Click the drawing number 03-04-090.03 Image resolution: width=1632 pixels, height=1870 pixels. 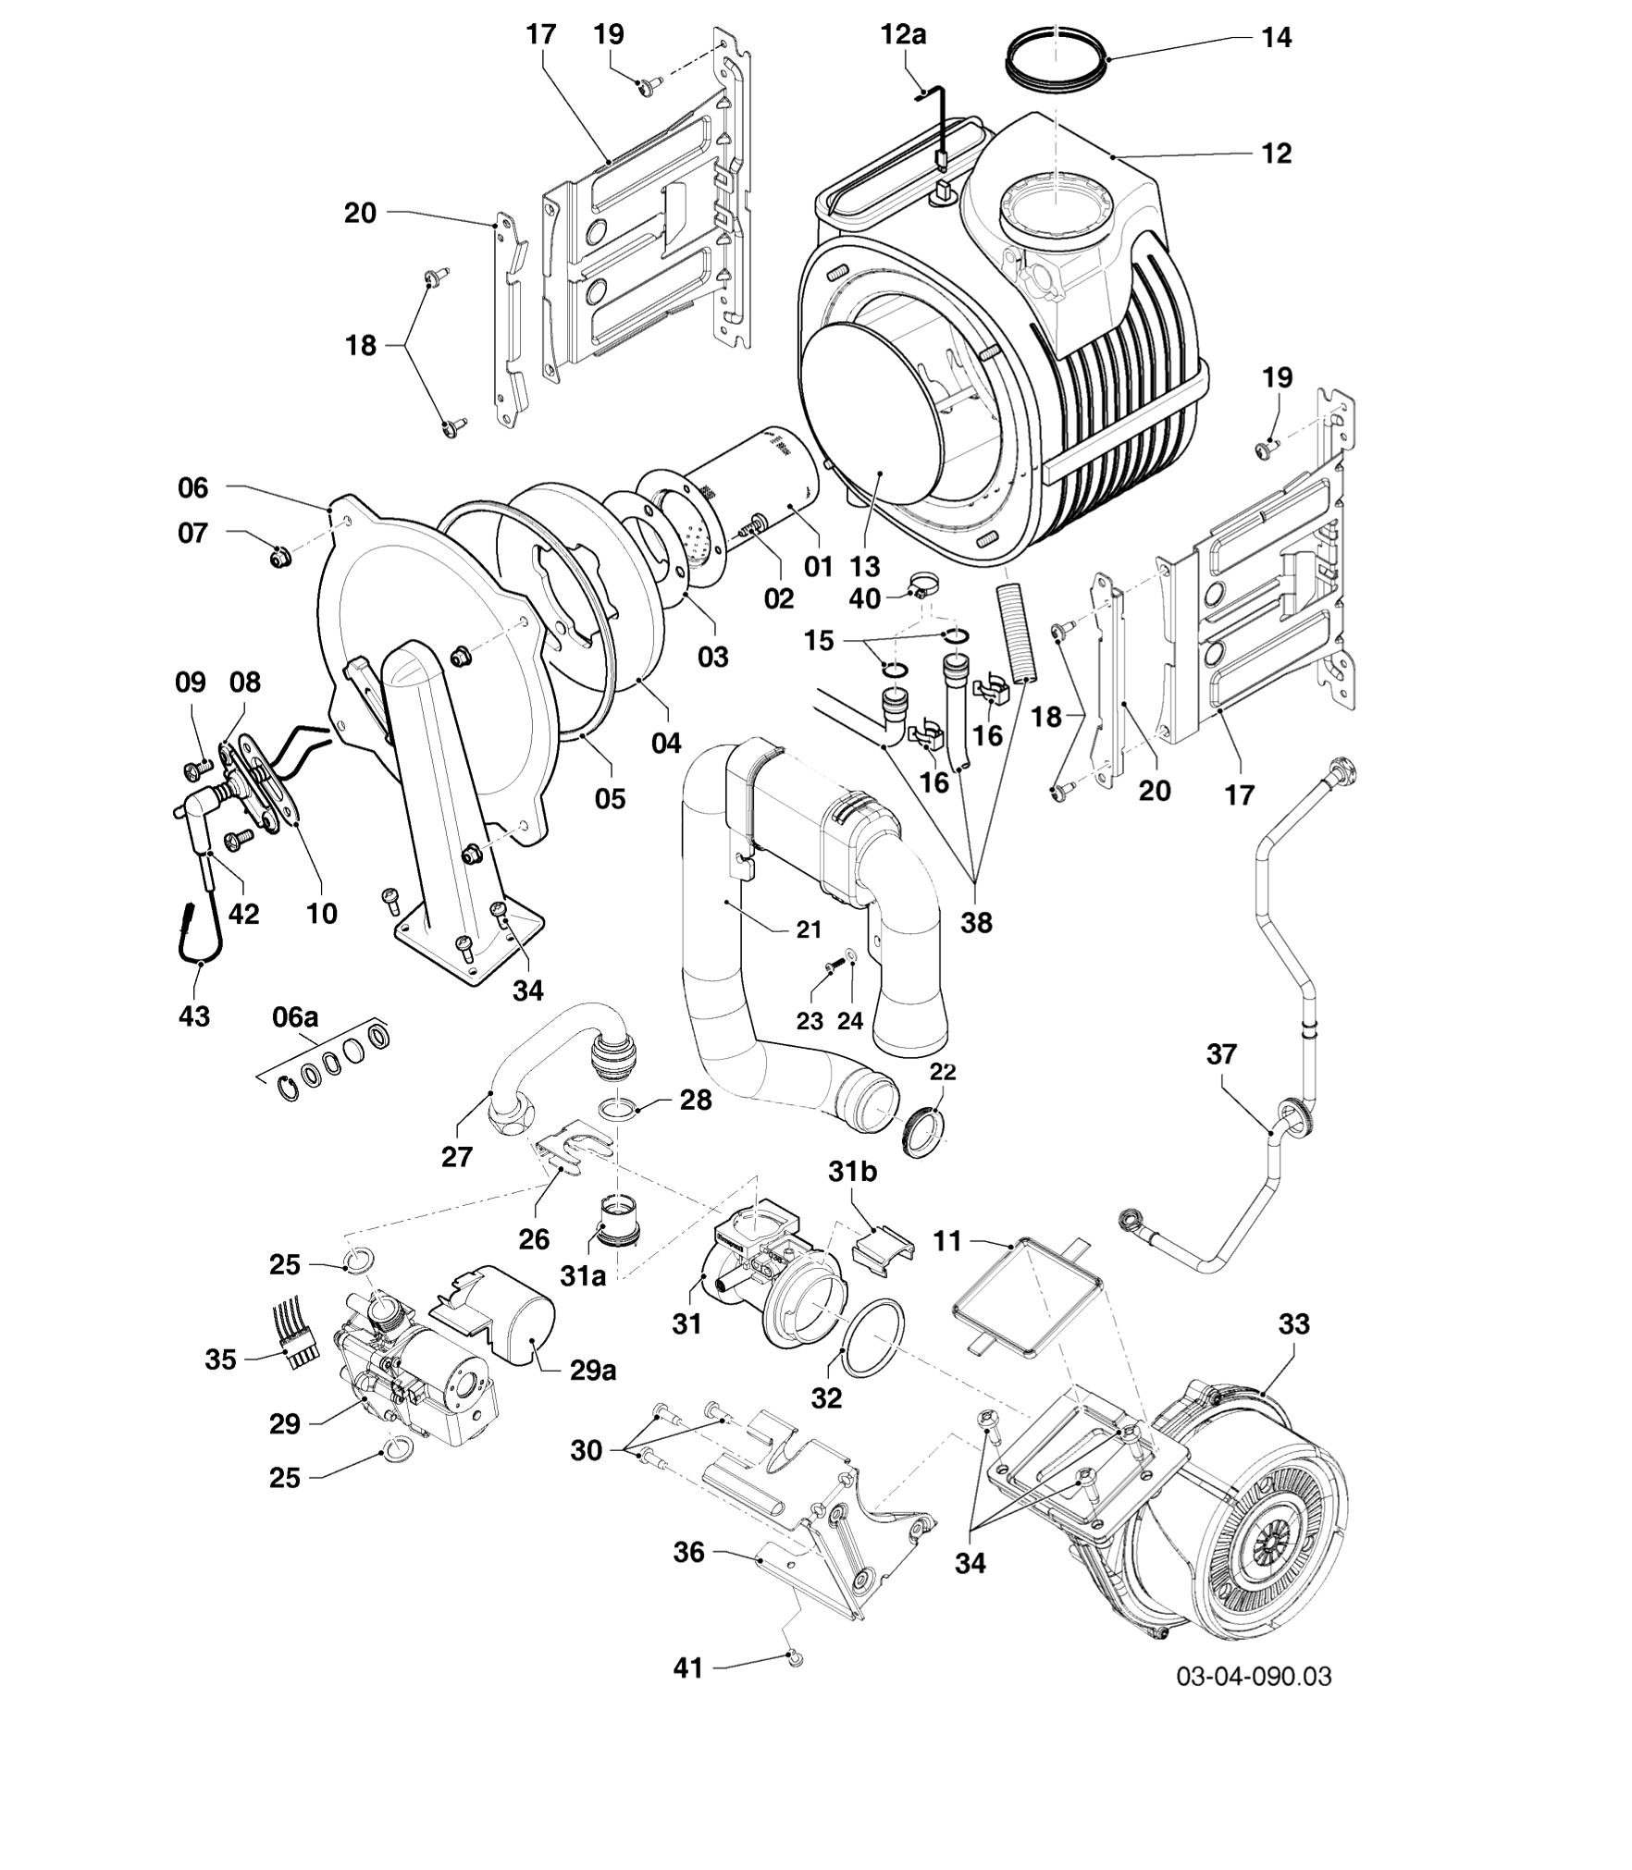coord(1254,1676)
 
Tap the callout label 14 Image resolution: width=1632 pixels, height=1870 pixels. coord(1277,39)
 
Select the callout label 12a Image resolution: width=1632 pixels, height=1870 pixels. coord(903,35)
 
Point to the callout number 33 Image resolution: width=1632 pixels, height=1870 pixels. coord(1294,1324)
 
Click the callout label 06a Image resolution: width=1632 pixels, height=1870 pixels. coord(295,1017)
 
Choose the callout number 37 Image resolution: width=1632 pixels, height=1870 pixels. coord(1221,1053)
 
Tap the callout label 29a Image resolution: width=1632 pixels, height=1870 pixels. coord(593,1370)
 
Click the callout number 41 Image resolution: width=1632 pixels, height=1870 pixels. coord(687,1667)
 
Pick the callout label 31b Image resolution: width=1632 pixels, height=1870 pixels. coord(852,1172)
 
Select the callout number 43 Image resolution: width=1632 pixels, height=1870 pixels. coord(194,1016)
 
